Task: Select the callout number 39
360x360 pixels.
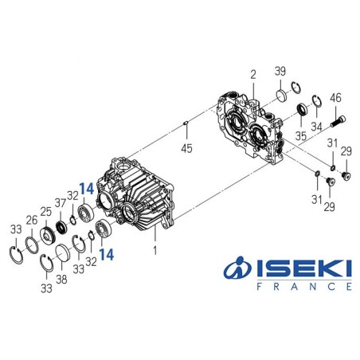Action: [280, 72]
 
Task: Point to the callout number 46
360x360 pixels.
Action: [335, 98]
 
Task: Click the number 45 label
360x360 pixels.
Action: [187, 148]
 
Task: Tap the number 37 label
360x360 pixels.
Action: [60, 202]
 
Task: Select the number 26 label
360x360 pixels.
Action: [31, 221]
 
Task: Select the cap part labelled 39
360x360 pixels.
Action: [280, 97]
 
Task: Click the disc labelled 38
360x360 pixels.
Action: [63, 259]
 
